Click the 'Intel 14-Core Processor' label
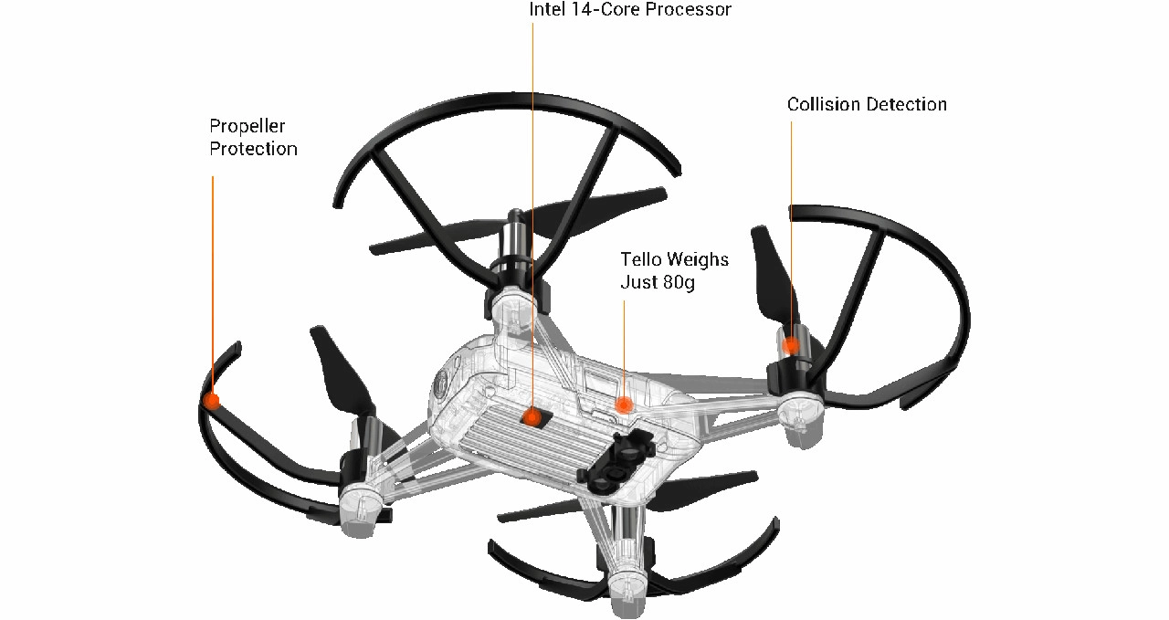pos(630,9)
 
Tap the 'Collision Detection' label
pos(867,104)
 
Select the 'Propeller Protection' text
pos(253,137)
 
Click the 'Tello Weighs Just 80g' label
pos(674,271)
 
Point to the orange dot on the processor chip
pos(532,417)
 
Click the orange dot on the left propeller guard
pos(212,402)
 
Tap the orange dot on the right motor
pos(792,345)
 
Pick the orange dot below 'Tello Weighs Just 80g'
pos(624,405)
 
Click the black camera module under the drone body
pos(616,460)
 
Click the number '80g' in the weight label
pos(679,283)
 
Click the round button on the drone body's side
pos(441,385)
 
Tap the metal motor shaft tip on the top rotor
pos(515,214)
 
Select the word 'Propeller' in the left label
pos(247,127)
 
